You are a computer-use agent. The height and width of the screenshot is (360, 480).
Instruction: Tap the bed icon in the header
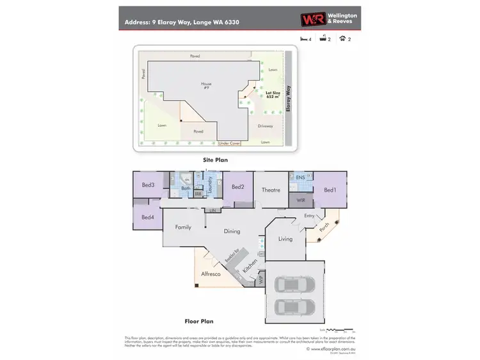click(303, 39)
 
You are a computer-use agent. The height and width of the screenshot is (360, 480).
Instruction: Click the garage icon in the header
click(342, 39)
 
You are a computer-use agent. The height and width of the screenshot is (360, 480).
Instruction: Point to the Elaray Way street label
click(289, 101)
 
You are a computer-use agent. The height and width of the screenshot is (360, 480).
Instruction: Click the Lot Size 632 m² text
click(273, 94)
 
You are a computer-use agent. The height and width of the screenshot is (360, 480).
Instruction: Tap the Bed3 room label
click(148, 185)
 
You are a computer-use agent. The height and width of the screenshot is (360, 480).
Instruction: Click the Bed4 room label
click(148, 217)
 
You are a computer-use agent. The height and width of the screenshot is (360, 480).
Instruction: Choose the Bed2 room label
click(237, 187)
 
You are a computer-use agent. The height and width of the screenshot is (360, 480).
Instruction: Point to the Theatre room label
click(271, 190)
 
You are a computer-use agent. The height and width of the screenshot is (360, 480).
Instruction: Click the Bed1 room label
click(330, 190)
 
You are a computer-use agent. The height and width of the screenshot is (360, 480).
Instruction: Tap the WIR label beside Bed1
click(300, 200)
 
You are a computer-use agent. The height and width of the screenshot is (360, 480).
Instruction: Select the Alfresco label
click(211, 274)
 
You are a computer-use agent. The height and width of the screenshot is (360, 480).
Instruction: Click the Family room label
click(183, 227)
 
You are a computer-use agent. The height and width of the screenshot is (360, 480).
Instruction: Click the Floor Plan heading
click(198, 322)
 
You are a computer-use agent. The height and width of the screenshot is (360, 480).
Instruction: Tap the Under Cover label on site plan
click(229, 143)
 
